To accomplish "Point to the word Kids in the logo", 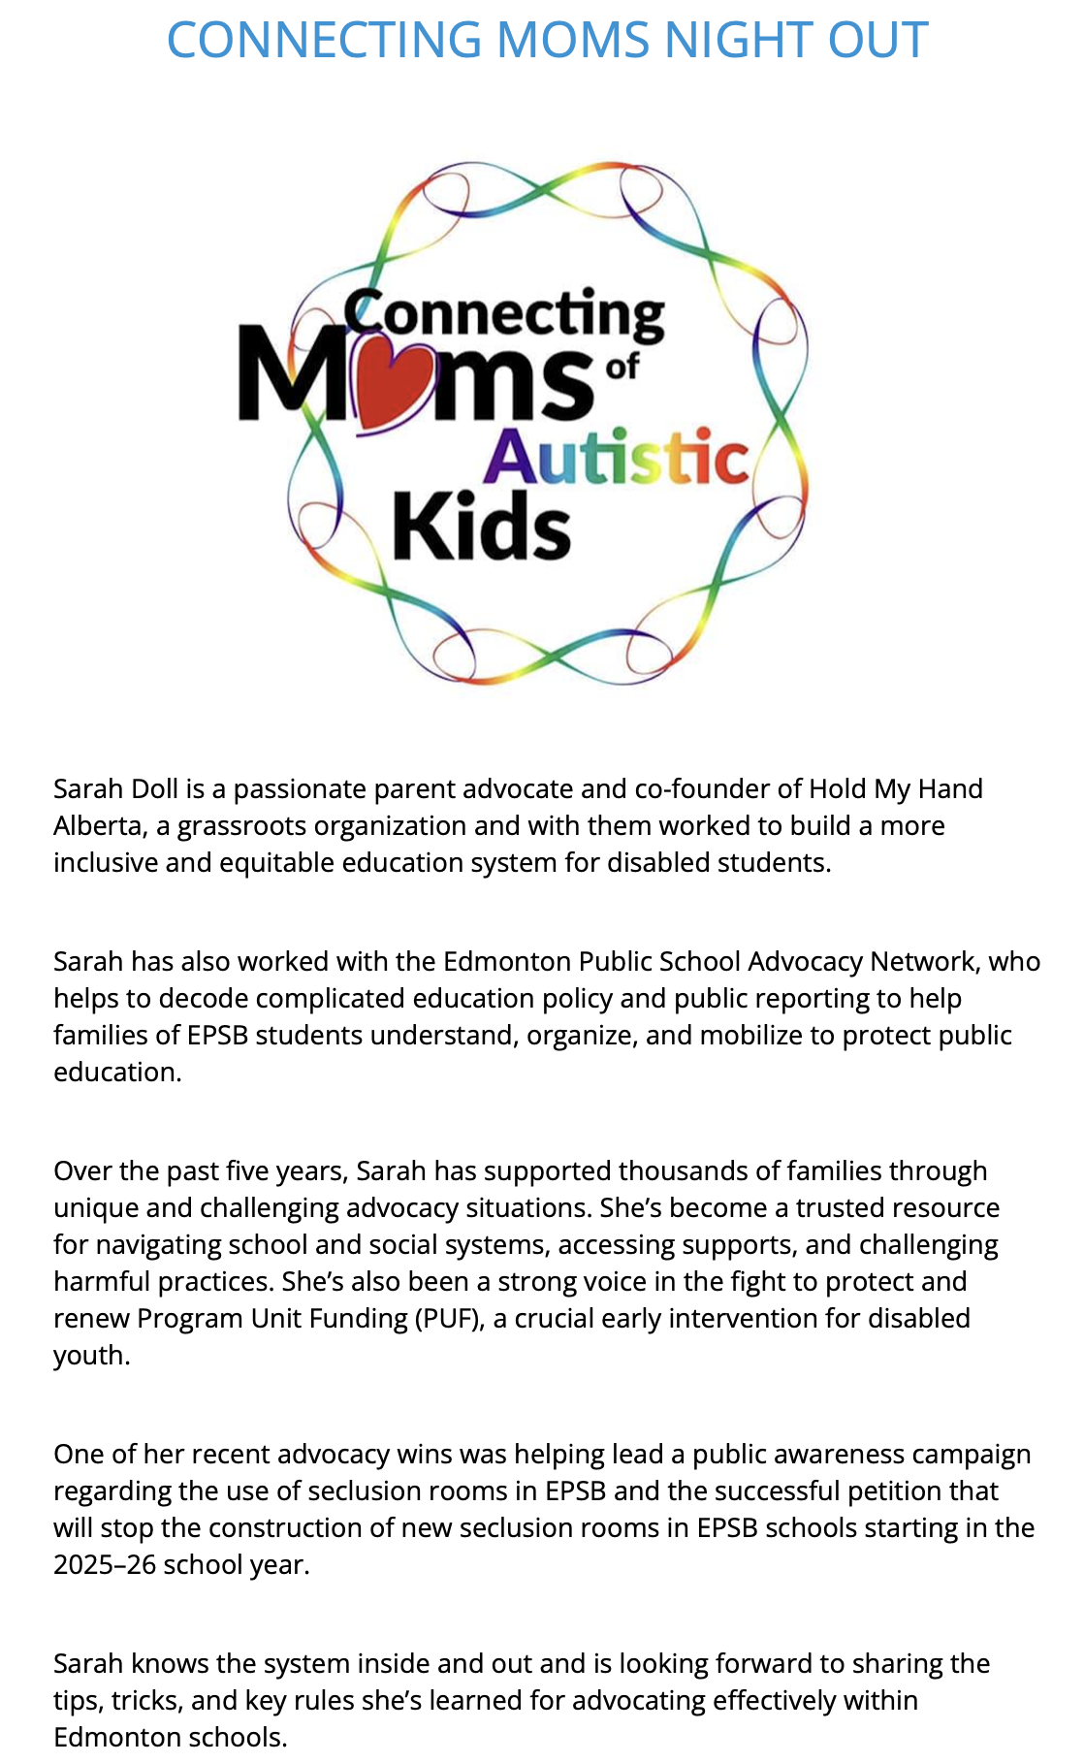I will pyautogui.click(x=481, y=526).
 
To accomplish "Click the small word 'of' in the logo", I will pyautogui.click(x=622, y=367).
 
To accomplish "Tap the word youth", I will pyautogui.click(x=90, y=1355).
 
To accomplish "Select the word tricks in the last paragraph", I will pyautogui.click(x=147, y=1700).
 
